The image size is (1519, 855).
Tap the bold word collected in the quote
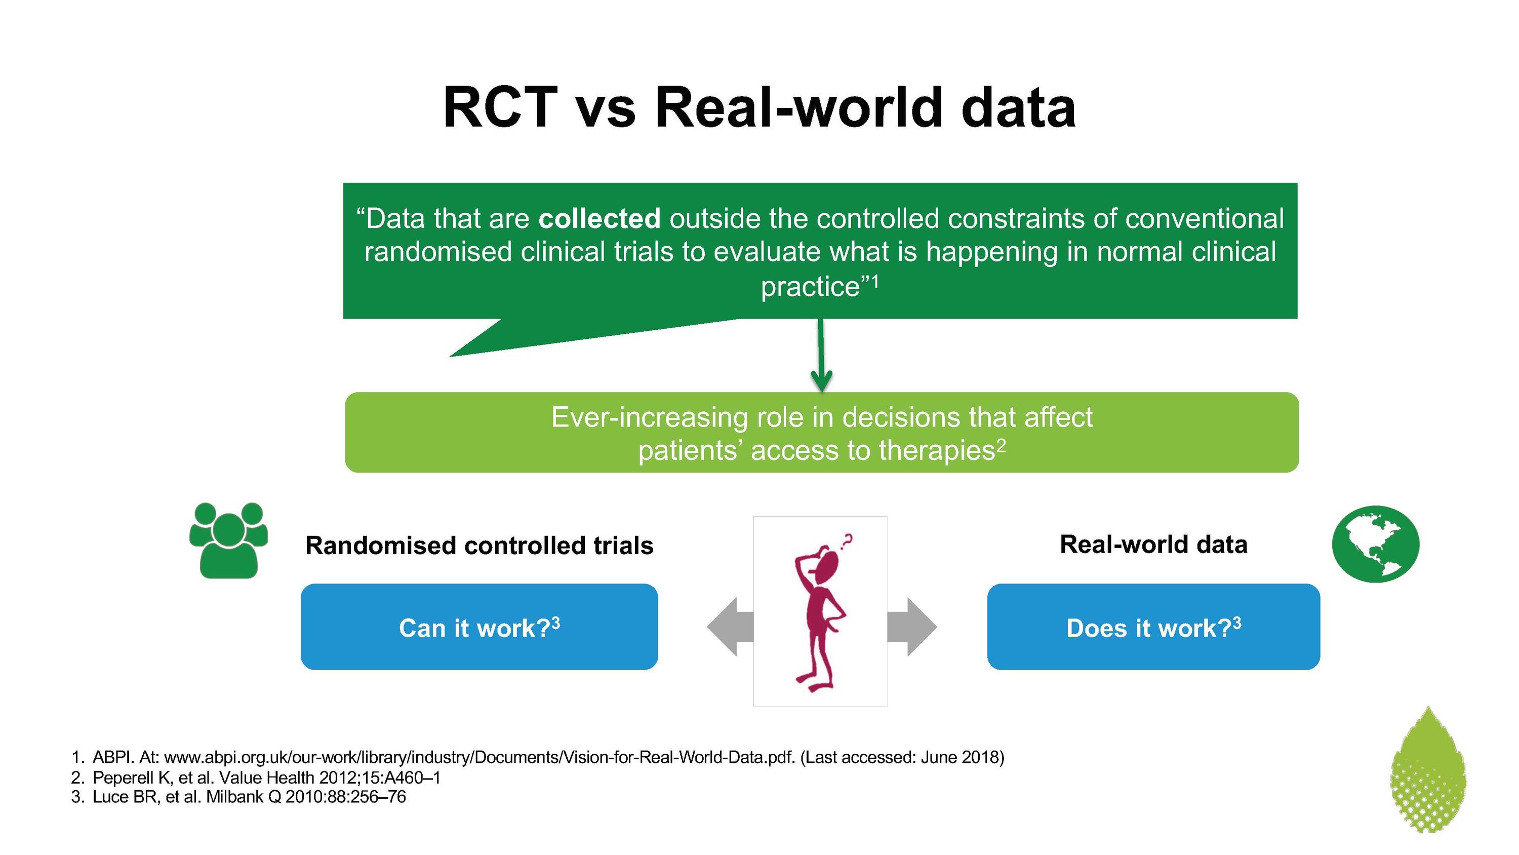coord(599,218)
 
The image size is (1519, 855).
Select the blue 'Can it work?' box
coord(479,627)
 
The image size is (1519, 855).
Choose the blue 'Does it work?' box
coord(1153,627)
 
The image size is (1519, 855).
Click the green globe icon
coord(1376,543)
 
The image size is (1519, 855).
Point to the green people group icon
coord(229,540)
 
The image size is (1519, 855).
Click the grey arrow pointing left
coord(731,627)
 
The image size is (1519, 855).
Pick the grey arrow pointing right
coord(911,627)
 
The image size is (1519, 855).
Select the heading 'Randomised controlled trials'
coord(479,545)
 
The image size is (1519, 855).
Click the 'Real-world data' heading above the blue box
coord(1153,544)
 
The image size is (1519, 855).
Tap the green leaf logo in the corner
coord(1427,769)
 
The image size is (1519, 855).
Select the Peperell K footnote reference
coord(266,777)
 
